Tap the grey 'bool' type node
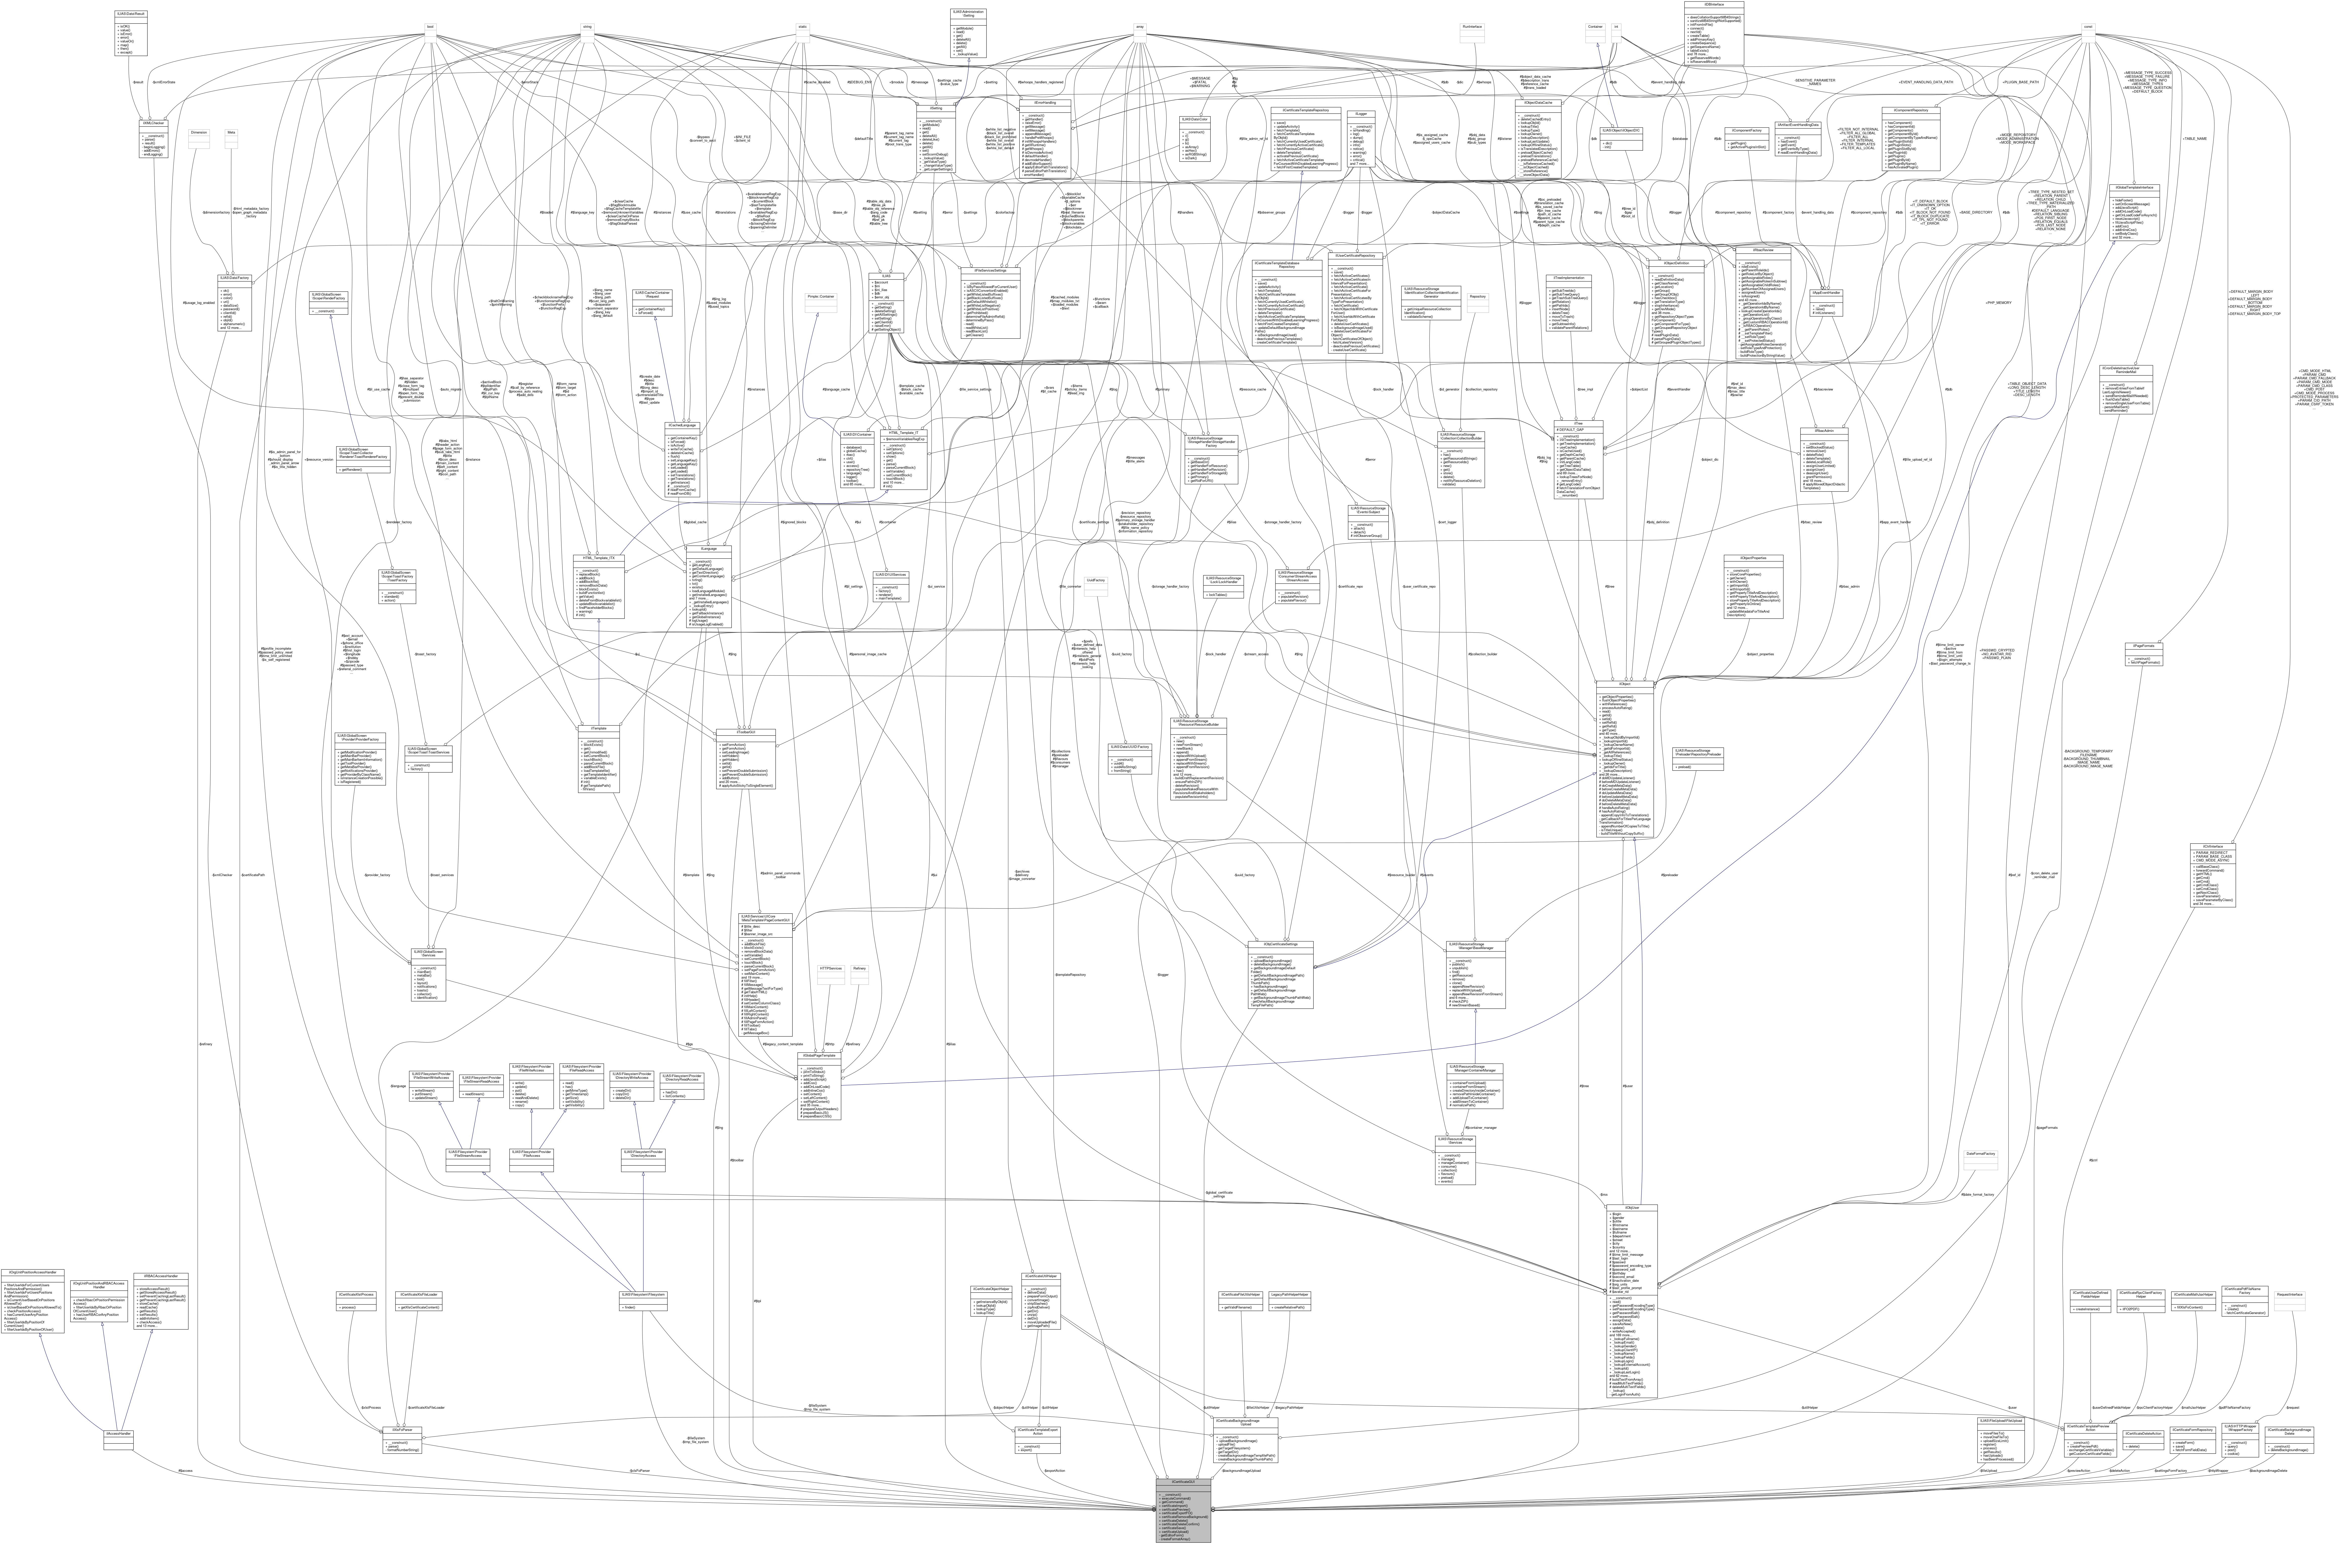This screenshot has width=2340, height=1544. pos(430,27)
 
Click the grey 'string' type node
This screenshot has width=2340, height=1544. pos(587,27)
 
